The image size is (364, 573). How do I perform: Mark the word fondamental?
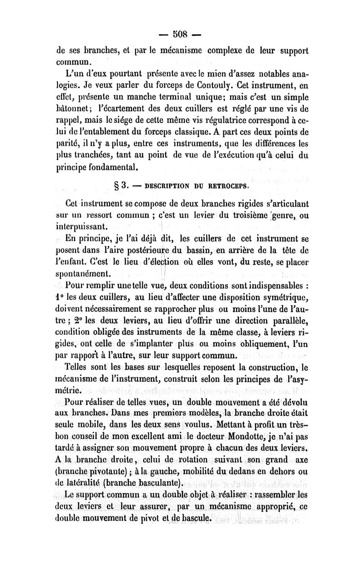(x=107, y=168)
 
